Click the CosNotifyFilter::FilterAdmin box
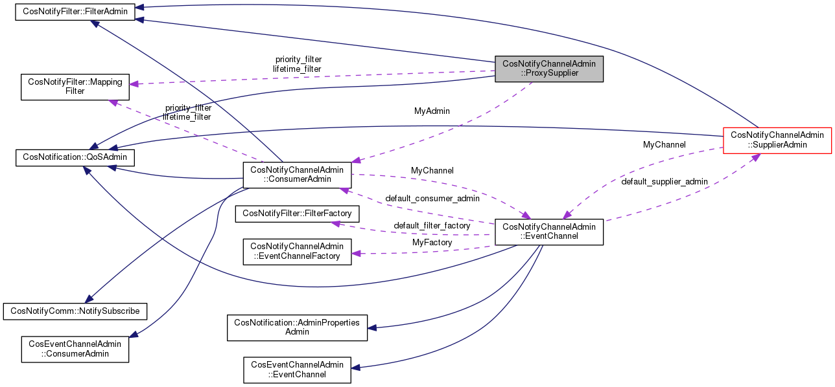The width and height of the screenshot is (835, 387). [x=75, y=12]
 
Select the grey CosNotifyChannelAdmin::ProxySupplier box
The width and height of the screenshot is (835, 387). [x=549, y=69]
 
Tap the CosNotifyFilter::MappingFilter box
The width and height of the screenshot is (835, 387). [x=75, y=87]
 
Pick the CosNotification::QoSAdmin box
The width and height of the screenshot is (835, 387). [x=75, y=156]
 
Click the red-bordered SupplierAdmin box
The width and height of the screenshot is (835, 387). [x=777, y=140]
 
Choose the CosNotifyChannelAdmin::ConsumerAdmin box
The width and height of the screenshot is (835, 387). [x=296, y=174]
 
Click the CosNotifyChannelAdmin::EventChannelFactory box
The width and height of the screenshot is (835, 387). [x=296, y=251]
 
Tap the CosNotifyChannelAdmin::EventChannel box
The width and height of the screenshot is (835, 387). [x=549, y=232]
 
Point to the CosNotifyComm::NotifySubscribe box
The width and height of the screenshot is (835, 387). [x=75, y=311]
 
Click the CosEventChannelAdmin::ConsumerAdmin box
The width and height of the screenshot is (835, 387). [x=75, y=349]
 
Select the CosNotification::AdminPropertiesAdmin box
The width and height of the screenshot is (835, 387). [x=297, y=327]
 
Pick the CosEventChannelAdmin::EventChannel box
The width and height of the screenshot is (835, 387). [x=297, y=369]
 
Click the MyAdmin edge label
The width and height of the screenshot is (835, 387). [x=432, y=111]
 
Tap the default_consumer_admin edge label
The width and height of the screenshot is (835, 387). [x=432, y=197]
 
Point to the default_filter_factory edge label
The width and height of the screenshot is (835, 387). [x=432, y=225]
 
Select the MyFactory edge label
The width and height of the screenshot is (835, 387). [x=432, y=242]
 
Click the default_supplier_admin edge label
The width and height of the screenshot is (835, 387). [x=664, y=182]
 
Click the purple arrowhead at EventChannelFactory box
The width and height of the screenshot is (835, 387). [x=355, y=254]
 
